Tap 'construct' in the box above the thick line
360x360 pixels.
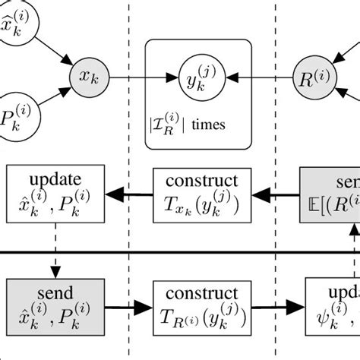coord(201,182)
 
